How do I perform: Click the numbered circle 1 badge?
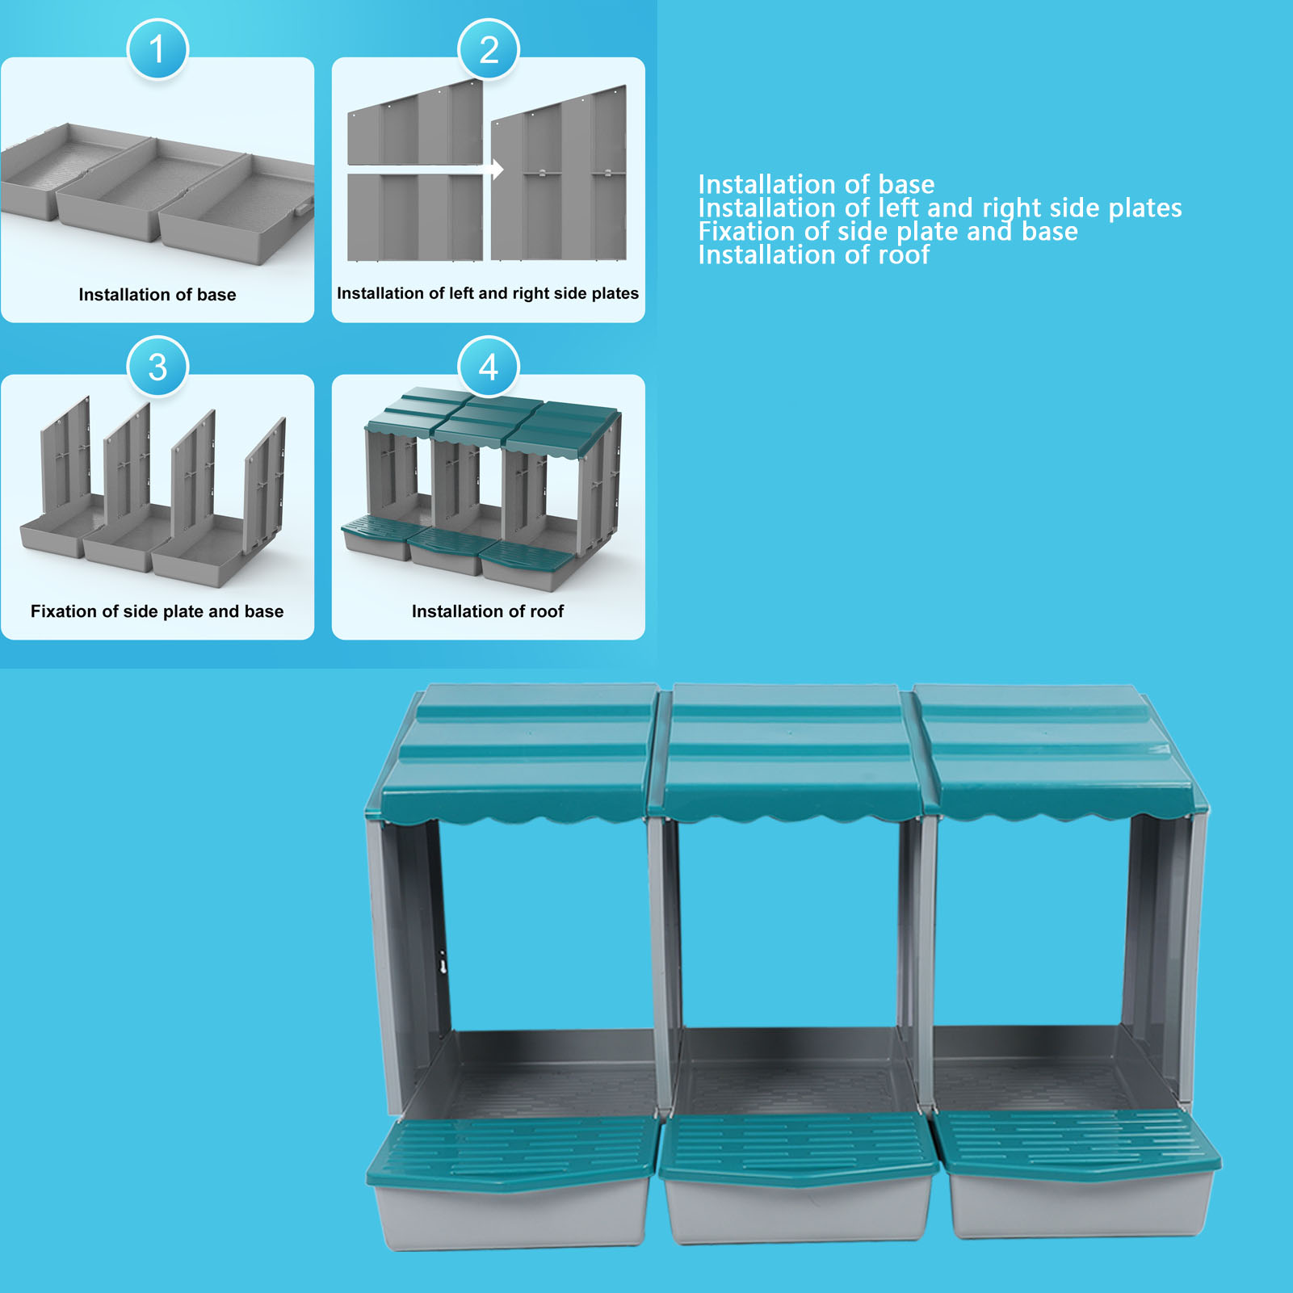pyautogui.click(x=157, y=48)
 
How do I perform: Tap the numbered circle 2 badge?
pyautogui.click(x=489, y=48)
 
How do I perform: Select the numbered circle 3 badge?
pyautogui.click(x=157, y=366)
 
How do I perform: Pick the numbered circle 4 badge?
pyautogui.click(x=489, y=366)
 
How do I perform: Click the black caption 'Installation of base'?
pyautogui.click(x=157, y=295)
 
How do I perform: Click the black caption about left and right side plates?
pyautogui.click(x=488, y=293)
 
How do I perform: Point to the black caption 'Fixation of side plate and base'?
pyautogui.click(x=157, y=611)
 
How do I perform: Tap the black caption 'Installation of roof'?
pyautogui.click(x=488, y=611)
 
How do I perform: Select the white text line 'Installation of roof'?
pyautogui.click(x=814, y=255)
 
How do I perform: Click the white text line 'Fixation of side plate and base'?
pyautogui.click(x=888, y=232)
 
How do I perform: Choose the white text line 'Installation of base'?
pyautogui.click(x=817, y=184)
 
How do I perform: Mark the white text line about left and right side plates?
pyautogui.click(x=940, y=208)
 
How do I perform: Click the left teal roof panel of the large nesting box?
pyautogui.click(x=517, y=751)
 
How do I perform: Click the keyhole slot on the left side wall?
pyautogui.click(x=443, y=963)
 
